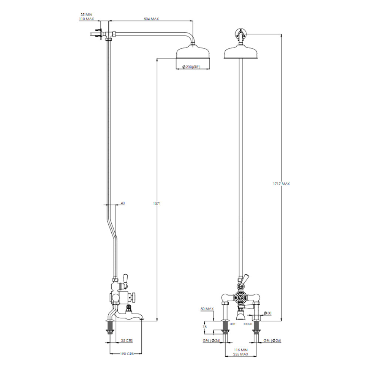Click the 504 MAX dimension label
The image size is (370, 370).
[x=151, y=19]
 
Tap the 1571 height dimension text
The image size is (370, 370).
[x=157, y=203]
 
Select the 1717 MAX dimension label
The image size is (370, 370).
[x=281, y=184]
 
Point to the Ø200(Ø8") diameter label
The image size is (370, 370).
[x=191, y=67]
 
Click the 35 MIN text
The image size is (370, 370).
[x=86, y=15]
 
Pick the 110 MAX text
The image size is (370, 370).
[x=86, y=19]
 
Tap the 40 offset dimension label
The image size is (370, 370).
[x=123, y=203]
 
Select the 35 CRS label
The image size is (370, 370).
[x=127, y=340]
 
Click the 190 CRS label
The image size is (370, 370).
[x=127, y=354]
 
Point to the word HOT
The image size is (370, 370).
[x=232, y=324]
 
